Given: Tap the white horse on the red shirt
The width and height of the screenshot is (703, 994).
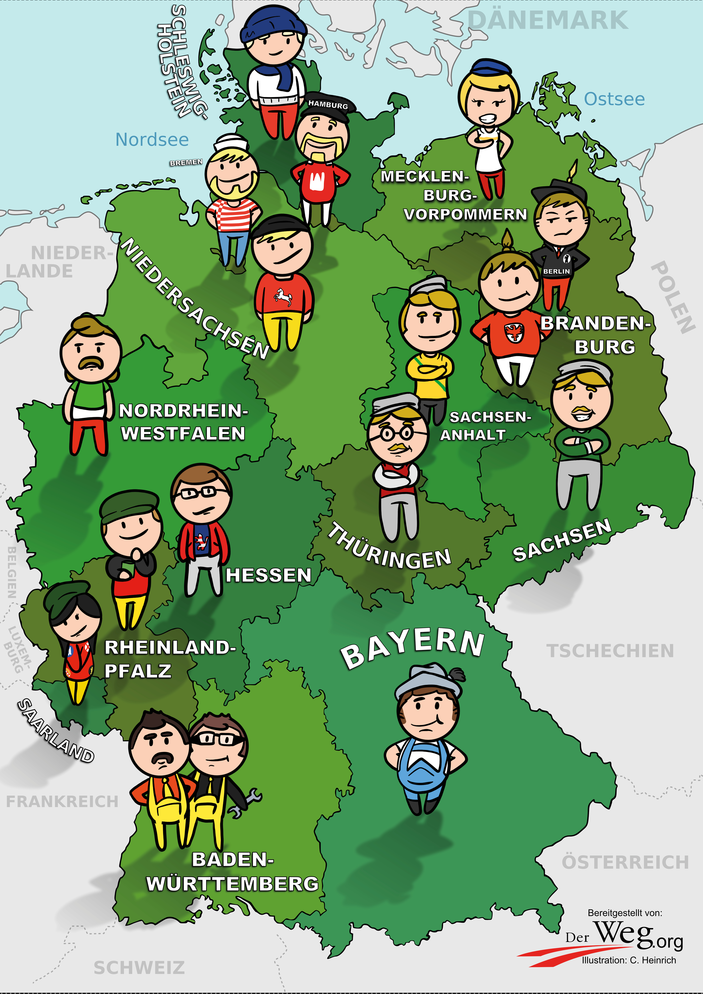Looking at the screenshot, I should [x=283, y=297].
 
